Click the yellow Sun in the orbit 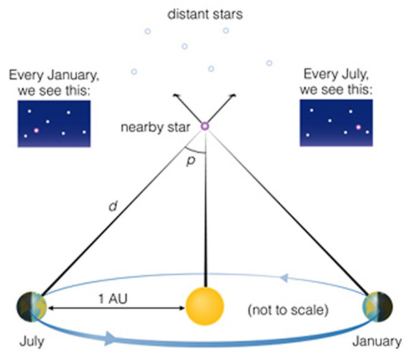click(x=205, y=306)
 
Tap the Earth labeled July click(x=32, y=307)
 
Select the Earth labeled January click(x=378, y=307)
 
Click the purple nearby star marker click(x=205, y=126)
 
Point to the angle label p click(x=191, y=161)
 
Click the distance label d click(x=113, y=206)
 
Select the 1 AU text click(x=113, y=299)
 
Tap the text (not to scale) click(x=288, y=310)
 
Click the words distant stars click(x=205, y=14)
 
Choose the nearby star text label click(x=155, y=127)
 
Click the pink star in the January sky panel click(x=36, y=130)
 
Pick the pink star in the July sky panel click(x=358, y=127)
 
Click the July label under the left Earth click(x=32, y=342)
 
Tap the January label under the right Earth click(x=377, y=342)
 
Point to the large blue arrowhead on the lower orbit click(x=110, y=338)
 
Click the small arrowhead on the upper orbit click(x=284, y=277)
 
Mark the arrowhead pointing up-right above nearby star click(x=234, y=96)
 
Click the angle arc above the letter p click(x=195, y=151)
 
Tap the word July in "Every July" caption click(x=354, y=74)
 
